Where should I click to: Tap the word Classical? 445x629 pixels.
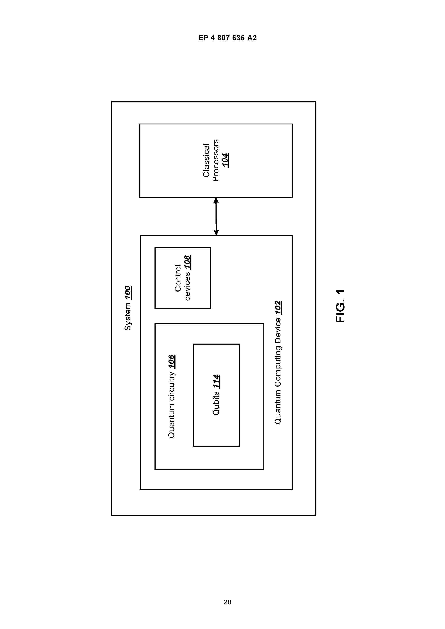click(x=206, y=160)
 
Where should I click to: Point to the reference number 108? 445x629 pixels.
click(x=188, y=263)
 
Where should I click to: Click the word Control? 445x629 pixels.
click(x=178, y=278)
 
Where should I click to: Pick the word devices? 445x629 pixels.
click(x=188, y=286)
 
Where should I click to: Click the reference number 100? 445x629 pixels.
click(x=128, y=293)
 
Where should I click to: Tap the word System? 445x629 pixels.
click(x=128, y=316)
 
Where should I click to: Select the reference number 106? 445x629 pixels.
click(x=171, y=362)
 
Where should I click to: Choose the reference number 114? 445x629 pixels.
click(x=216, y=381)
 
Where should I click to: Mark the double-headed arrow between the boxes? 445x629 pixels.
click(x=216, y=216)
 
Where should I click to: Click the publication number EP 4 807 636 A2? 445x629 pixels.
click(x=228, y=38)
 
